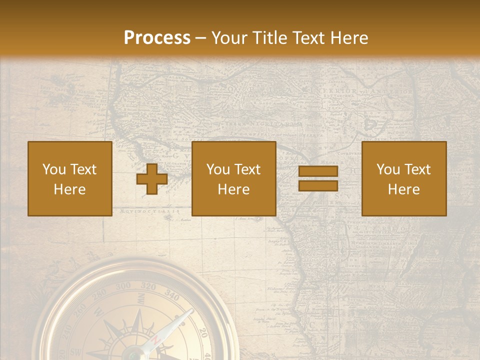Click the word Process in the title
click(157, 38)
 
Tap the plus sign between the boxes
click(152, 179)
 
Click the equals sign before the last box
click(318, 179)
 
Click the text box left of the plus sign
click(70, 179)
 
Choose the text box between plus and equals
click(234, 179)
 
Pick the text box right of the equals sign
click(404, 179)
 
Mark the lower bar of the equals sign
click(318, 185)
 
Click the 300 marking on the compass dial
click(123, 287)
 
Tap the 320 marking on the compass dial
click(148, 286)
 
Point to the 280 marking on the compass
click(99, 293)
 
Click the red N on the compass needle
click(156, 340)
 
